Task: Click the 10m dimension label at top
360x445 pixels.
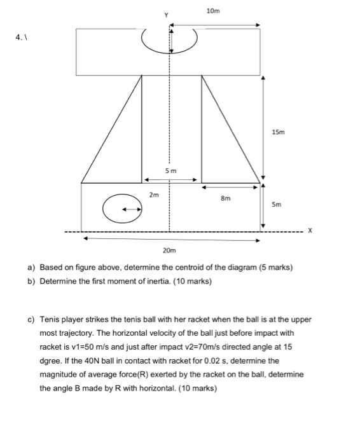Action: tap(213, 11)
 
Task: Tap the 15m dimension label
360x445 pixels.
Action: tap(279, 133)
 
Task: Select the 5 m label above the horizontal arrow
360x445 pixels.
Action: tap(170, 171)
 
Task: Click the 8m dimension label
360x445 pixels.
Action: tap(225, 198)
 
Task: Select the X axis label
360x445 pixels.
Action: tap(310, 231)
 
